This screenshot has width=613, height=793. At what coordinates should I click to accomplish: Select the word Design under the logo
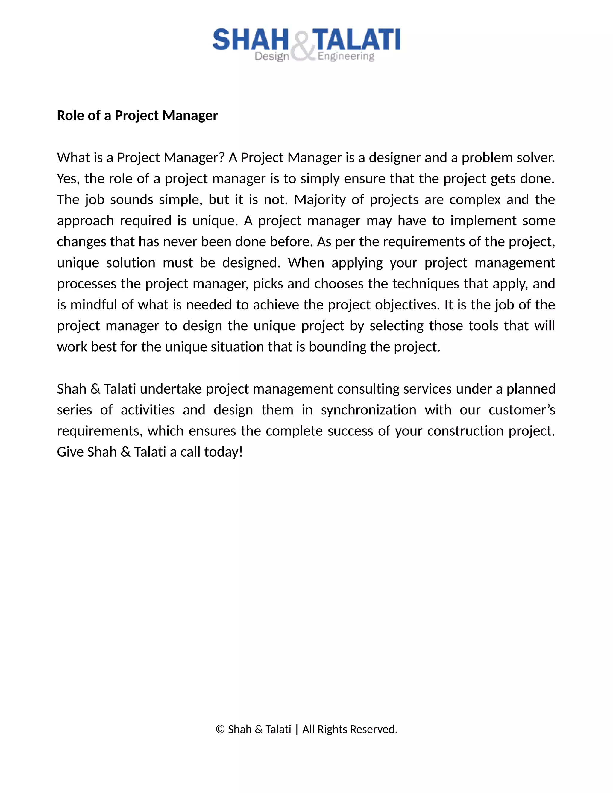(272, 57)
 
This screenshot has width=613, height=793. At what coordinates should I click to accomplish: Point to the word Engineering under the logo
(346, 57)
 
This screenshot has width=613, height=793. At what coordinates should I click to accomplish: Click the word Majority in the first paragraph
(320, 200)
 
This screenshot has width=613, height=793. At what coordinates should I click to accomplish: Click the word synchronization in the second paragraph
(368, 410)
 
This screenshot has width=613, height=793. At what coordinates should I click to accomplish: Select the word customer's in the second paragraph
(521, 410)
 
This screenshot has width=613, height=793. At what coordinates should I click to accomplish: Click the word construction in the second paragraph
(465, 431)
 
